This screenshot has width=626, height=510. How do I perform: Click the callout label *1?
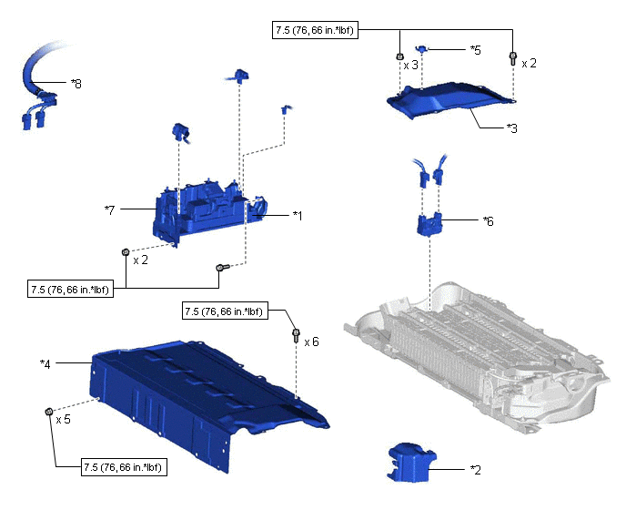[298, 215]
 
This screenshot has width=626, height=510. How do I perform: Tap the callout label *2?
[475, 469]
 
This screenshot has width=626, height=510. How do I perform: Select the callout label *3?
[512, 128]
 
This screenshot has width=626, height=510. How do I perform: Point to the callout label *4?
[45, 364]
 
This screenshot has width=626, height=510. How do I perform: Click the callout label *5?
[475, 49]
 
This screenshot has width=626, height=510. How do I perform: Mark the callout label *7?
[110, 209]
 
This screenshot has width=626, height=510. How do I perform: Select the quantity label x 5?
[64, 421]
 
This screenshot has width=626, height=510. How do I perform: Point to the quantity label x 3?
[411, 65]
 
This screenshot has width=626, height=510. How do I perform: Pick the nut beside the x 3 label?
[400, 57]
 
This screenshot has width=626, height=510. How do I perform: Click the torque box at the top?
[314, 30]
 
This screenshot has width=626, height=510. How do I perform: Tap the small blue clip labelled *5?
[421, 47]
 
